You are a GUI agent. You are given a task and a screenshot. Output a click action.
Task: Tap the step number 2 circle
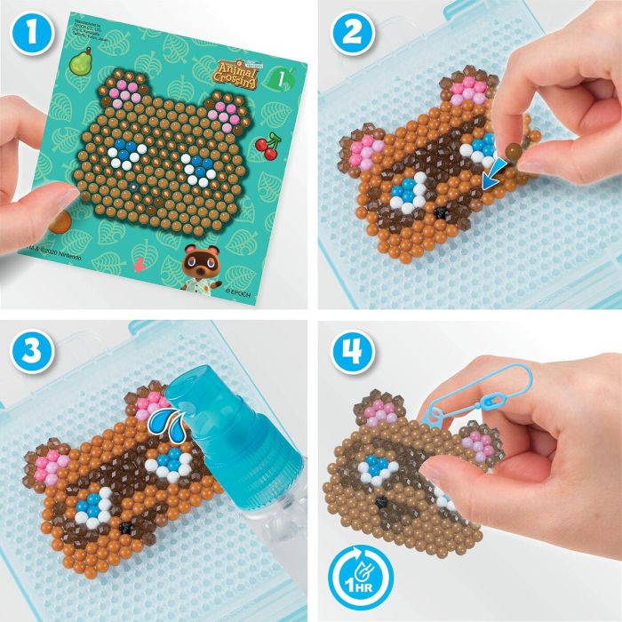click(346, 34)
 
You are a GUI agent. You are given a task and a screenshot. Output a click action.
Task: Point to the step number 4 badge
click(346, 347)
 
